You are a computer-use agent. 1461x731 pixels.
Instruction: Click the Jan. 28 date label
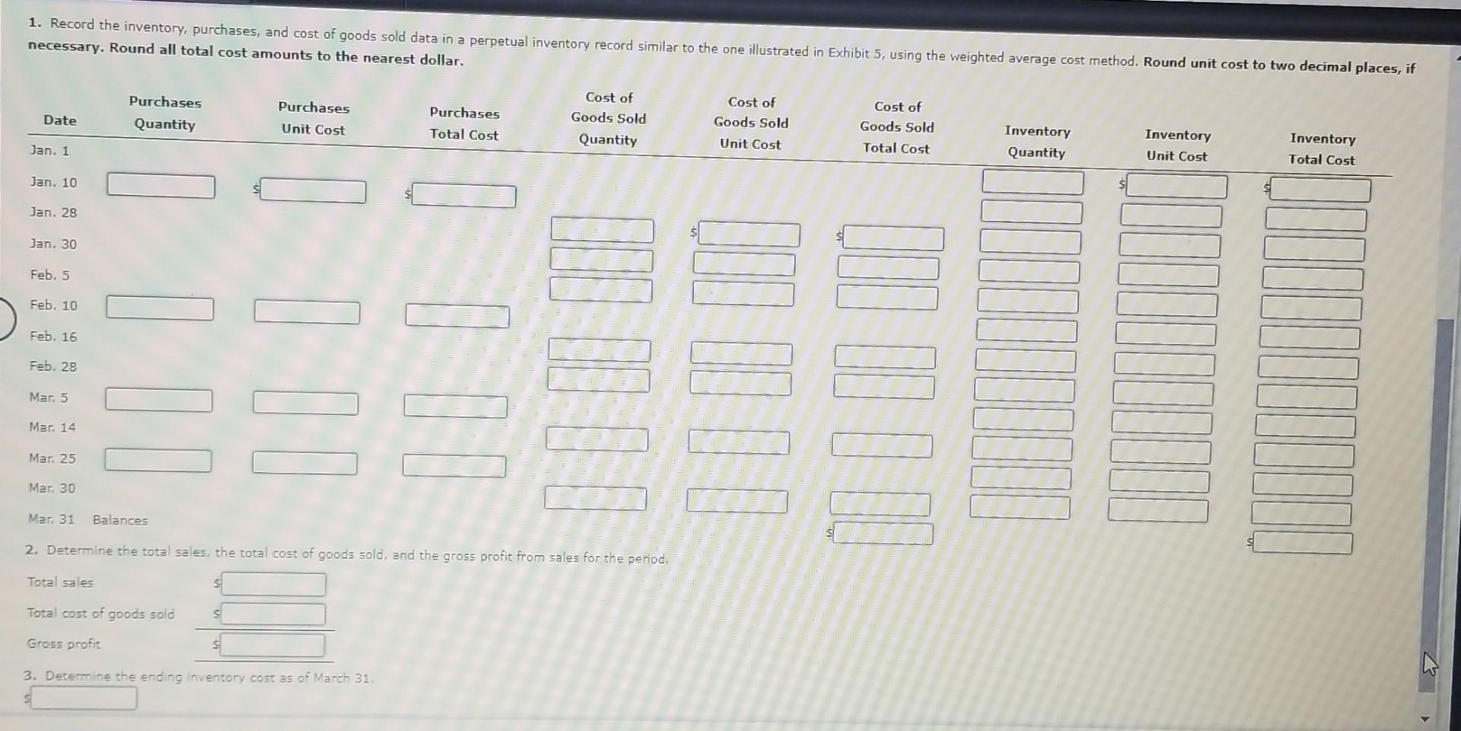tap(53, 212)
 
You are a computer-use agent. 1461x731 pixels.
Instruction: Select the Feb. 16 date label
tap(53, 336)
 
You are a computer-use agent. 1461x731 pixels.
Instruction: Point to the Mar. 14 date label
tap(53, 427)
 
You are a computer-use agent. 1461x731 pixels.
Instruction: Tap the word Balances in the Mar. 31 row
tap(120, 520)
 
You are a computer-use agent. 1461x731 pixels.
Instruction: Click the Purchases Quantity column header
tap(165, 113)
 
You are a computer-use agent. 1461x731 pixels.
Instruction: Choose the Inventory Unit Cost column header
tap(1177, 145)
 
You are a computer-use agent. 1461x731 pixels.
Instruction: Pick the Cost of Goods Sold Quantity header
tap(608, 118)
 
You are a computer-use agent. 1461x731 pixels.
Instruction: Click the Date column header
tap(60, 120)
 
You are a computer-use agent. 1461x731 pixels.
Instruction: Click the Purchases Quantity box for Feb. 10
tap(160, 308)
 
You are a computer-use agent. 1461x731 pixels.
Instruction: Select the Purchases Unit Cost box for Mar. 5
tap(305, 404)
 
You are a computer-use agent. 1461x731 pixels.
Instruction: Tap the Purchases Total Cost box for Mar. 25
tap(454, 466)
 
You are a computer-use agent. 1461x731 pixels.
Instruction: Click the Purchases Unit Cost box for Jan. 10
tap(313, 191)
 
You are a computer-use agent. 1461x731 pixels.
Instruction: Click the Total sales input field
tap(273, 584)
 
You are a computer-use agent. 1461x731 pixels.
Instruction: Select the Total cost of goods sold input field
tap(273, 614)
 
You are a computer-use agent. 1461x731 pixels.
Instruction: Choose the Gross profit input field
tap(272, 646)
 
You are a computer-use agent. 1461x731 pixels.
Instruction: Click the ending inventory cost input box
tap(84, 698)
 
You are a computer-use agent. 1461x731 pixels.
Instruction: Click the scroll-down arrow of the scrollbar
tap(1426, 718)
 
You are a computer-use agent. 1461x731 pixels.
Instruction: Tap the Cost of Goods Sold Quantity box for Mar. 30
tap(595, 500)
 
